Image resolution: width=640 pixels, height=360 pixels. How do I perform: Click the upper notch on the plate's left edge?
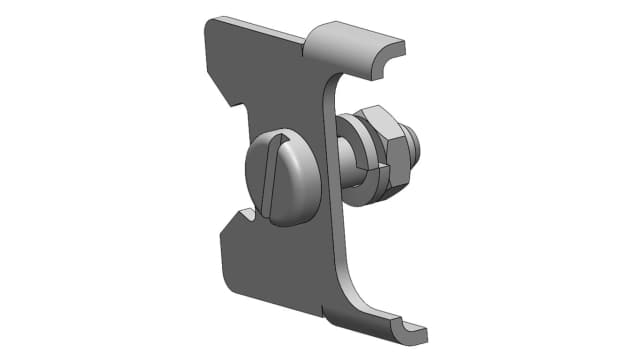237,102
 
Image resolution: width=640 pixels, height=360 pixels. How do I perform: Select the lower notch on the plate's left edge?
240,214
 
